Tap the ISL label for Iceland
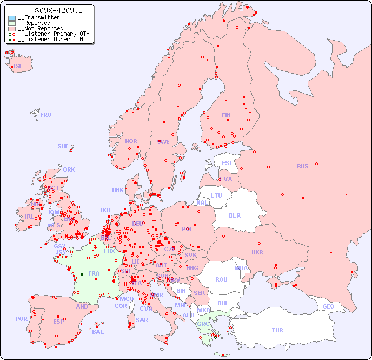(18, 67)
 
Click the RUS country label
(302, 166)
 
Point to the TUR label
(277, 330)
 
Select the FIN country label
(226, 115)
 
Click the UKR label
(257, 252)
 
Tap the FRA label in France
(94, 273)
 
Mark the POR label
(21, 319)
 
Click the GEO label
(328, 306)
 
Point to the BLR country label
(234, 215)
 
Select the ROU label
(221, 279)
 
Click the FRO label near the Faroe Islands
(46, 115)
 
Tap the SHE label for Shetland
(63, 146)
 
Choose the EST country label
(227, 163)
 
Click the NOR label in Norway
(131, 141)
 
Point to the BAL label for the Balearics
(98, 332)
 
